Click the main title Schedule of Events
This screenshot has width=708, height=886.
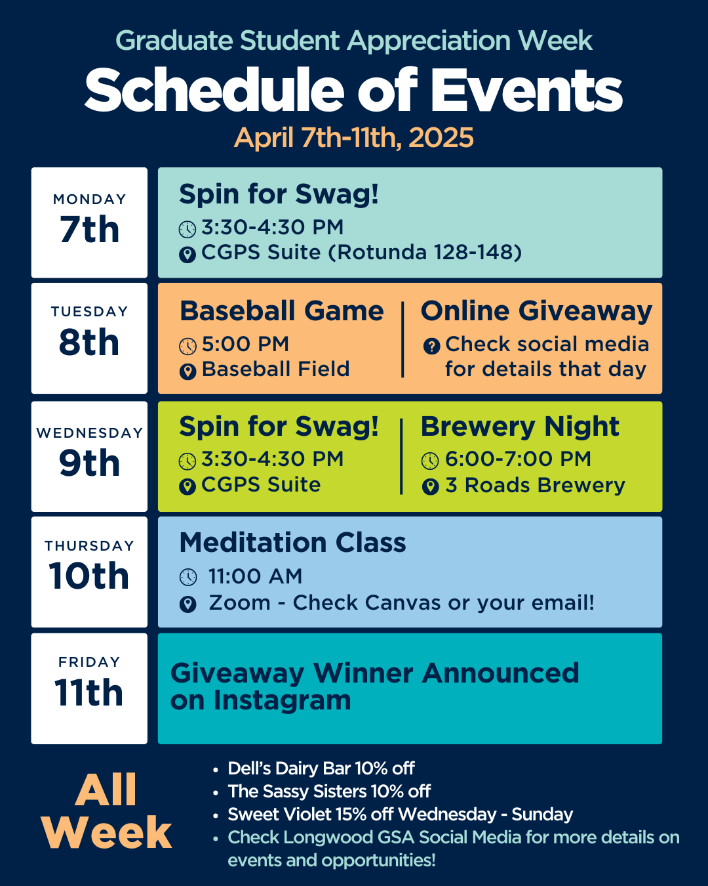tap(353, 91)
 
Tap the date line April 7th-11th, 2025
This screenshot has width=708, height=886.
tap(353, 138)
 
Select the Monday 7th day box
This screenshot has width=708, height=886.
tap(89, 222)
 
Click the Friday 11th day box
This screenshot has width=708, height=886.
tap(89, 688)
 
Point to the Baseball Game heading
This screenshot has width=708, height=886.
tap(281, 311)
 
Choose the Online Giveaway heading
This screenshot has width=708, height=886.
tap(536, 311)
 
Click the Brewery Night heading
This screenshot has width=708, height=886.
tap(519, 427)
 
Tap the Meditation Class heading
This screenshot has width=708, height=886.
tap(292, 543)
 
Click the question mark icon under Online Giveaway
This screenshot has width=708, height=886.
tap(431, 346)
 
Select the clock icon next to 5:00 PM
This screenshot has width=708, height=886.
tap(187, 346)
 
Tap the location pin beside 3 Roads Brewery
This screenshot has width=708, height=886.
tap(430, 486)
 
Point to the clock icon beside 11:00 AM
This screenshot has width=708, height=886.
tap(188, 577)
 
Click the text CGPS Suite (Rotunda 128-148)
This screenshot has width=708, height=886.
tap(361, 252)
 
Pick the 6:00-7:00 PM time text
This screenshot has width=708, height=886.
tap(518, 459)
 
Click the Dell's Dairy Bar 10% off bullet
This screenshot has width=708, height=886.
tap(321, 768)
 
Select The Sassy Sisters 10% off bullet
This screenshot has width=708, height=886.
tap(328, 791)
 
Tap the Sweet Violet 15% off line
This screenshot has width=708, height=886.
tap(400, 814)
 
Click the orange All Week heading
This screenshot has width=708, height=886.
tap(106, 811)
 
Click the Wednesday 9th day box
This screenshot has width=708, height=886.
tap(89, 456)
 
